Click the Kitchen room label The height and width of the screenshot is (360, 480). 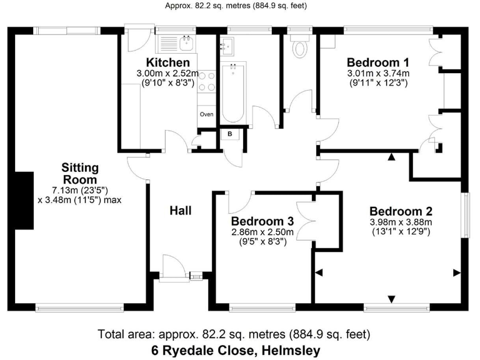tap(167, 62)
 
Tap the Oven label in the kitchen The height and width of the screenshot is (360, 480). tap(206, 114)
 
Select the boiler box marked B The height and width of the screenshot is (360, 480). tap(229, 134)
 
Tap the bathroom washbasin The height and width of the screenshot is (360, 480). tap(227, 44)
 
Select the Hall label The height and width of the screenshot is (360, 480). tap(181, 211)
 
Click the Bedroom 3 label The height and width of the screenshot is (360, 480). tap(262, 221)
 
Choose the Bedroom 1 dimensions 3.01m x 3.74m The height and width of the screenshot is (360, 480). tap(378, 73)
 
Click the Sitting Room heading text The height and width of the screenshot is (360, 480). tap(80, 172)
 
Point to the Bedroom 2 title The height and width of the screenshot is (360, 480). tap(400, 211)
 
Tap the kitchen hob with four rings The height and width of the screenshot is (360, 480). tap(206, 81)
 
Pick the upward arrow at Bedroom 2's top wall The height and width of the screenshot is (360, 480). tap(391, 157)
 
